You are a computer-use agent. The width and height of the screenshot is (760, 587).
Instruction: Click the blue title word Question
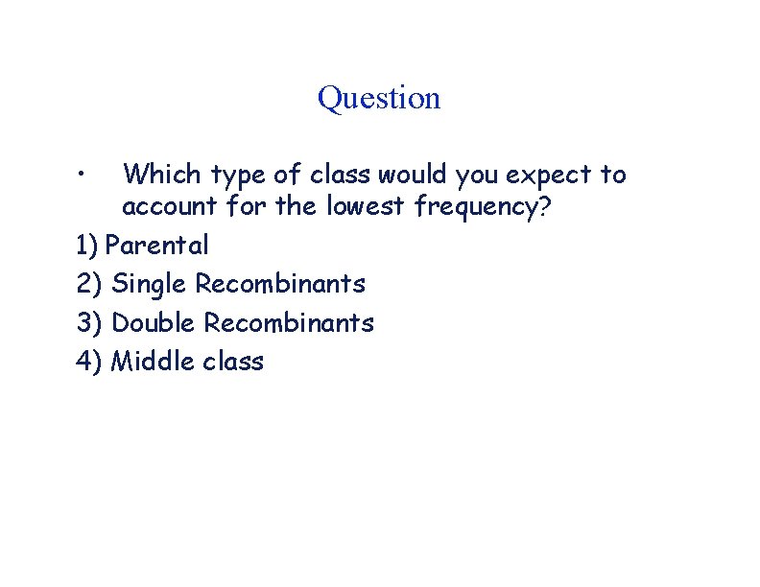click(x=379, y=99)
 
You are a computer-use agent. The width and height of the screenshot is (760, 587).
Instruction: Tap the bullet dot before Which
click(x=85, y=175)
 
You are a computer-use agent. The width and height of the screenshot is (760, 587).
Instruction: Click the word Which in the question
click(x=162, y=175)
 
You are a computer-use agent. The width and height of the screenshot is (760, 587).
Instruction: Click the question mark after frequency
click(x=545, y=207)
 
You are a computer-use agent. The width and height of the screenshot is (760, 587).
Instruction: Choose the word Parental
click(x=156, y=246)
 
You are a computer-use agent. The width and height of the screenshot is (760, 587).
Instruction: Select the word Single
click(x=150, y=285)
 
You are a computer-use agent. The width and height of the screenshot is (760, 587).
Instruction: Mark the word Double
click(x=154, y=323)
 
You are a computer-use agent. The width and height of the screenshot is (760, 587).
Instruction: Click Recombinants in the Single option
click(x=280, y=284)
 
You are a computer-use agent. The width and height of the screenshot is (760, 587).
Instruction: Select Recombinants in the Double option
click(x=289, y=323)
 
